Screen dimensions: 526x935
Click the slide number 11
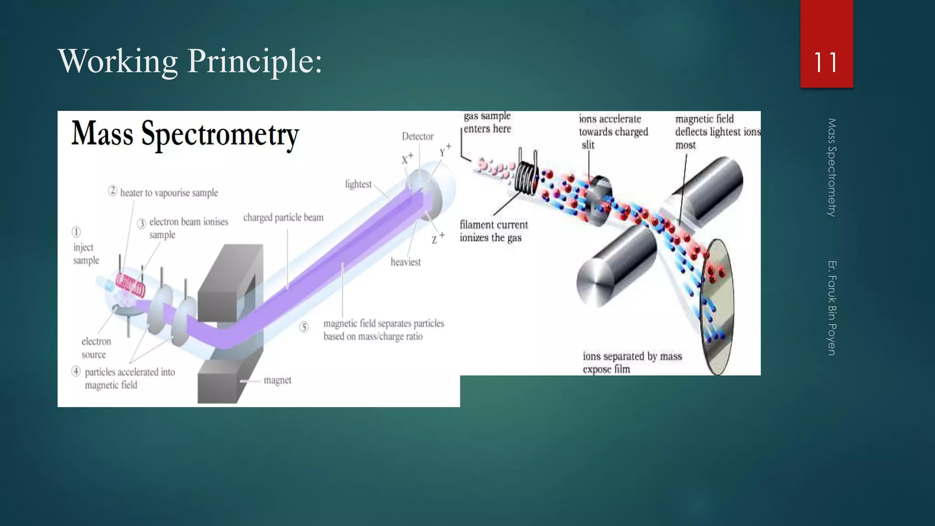point(825,63)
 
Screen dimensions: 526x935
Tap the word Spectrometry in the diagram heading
point(220,135)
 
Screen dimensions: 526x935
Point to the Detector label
point(417,137)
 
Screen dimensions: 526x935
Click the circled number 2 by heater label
point(113,191)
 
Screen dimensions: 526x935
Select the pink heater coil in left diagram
point(131,285)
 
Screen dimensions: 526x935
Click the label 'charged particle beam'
point(283,217)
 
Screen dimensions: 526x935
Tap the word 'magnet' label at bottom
point(277,380)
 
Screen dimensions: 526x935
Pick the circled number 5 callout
point(304,327)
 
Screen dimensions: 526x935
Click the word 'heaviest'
point(405,262)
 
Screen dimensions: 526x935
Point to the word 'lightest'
point(358,184)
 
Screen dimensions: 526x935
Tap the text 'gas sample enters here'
point(487,122)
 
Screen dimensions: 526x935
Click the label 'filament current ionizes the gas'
point(494,231)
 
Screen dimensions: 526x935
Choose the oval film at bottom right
point(718,307)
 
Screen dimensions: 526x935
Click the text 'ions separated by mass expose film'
point(632,363)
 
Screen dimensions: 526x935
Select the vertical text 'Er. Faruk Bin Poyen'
point(832,308)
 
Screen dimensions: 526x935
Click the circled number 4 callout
point(76,371)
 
